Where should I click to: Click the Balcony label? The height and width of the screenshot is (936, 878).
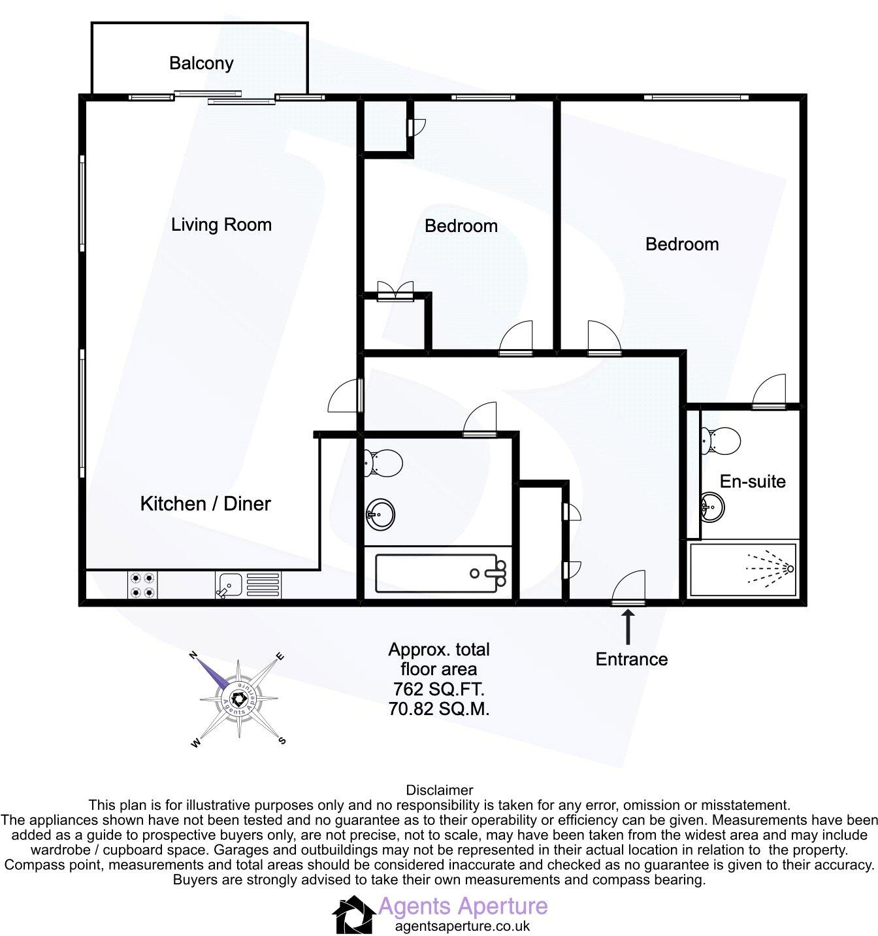[x=201, y=63]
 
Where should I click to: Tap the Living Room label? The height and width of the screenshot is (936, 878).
[x=221, y=225]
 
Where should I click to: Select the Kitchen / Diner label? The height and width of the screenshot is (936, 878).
[x=206, y=503]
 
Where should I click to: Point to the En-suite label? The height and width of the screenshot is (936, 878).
[x=753, y=482]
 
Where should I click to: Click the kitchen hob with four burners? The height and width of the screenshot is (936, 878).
[x=143, y=585]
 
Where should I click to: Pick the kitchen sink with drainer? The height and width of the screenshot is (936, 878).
[x=248, y=585]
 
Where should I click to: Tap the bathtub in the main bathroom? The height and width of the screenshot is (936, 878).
[x=442, y=573]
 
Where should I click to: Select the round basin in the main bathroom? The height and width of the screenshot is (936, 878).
[x=380, y=513]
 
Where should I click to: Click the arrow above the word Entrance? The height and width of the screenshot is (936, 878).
[x=628, y=627]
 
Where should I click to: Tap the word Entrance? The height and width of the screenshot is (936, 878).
[x=632, y=659]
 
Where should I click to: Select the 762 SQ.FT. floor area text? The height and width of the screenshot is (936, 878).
[x=439, y=689]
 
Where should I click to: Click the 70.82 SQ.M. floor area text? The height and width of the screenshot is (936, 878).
[x=439, y=709]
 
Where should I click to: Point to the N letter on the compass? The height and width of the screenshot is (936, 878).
[x=193, y=654]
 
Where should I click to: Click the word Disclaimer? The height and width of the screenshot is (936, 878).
[x=440, y=790]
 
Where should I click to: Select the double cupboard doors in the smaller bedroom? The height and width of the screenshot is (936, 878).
[x=396, y=290]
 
